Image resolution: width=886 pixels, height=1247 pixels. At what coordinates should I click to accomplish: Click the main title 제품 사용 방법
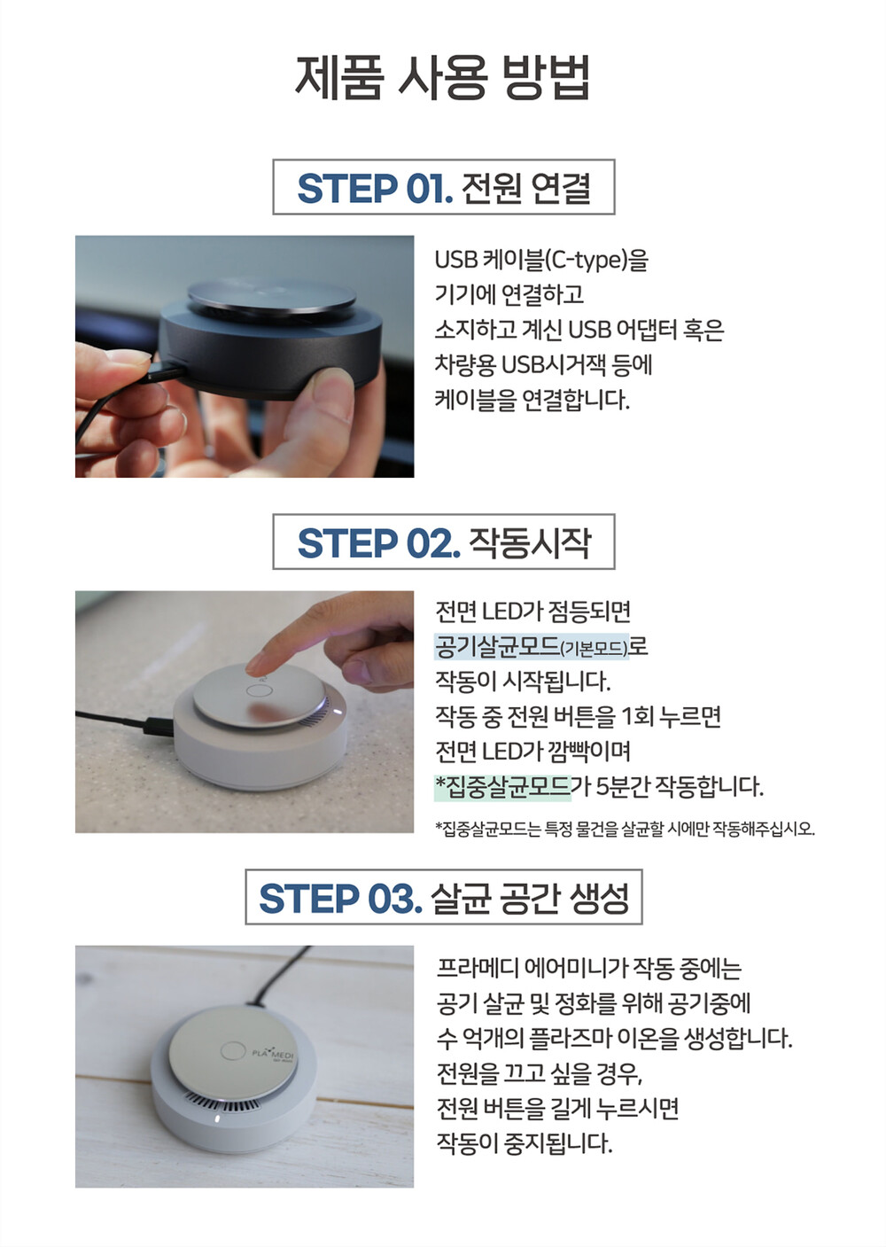tap(442, 78)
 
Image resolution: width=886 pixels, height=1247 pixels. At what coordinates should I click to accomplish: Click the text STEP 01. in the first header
tap(375, 188)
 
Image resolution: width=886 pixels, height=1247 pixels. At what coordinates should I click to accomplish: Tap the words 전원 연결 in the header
tap(526, 188)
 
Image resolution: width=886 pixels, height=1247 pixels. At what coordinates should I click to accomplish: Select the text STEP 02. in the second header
tap(379, 542)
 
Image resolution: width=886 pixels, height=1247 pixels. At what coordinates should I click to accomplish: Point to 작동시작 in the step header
tap(530, 542)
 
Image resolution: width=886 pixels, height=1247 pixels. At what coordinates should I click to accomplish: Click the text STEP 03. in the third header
tap(340, 898)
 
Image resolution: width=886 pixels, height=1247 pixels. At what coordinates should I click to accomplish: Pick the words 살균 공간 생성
tap(530, 898)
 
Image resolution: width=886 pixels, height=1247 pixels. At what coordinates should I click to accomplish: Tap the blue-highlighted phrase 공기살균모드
tap(496, 646)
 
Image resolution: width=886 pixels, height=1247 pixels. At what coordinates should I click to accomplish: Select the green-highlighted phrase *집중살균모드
tap(503, 786)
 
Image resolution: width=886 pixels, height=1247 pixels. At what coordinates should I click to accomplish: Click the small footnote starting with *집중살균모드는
tap(625, 829)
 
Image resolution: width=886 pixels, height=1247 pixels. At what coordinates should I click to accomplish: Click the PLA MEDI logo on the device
tap(275, 1054)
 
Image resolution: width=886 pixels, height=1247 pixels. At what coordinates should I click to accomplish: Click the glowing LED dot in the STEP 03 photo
tap(216, 1118)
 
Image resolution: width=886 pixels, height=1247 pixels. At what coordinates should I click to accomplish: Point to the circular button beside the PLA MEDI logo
tap(233, 1052)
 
